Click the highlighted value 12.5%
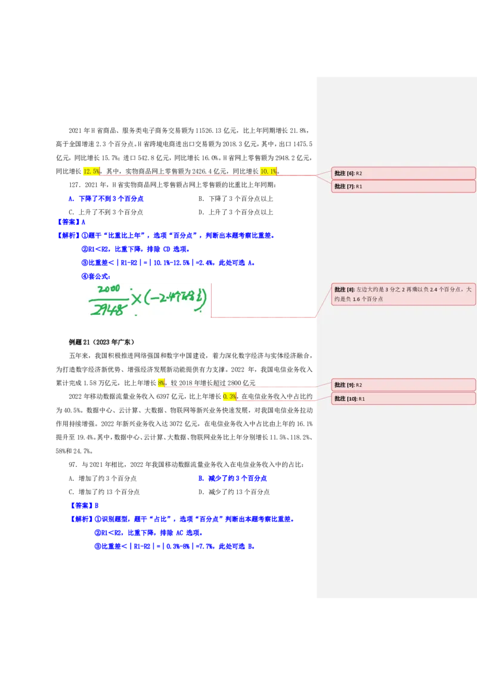coord(91,171)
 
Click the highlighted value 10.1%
coord(268,171)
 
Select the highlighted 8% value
coord(161,383)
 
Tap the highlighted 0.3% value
coord(229,397)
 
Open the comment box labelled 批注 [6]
coord(403,173)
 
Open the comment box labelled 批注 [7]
coord(403,186)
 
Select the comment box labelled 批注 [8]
coord(403,294)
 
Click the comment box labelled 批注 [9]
coord(403,385)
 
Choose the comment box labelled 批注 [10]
coord(403,398)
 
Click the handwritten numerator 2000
coord(109,289)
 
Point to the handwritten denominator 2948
coord(109,309)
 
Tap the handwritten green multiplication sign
coord(137,299)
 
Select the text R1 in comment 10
coord(361,399)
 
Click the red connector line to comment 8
coord(262,317)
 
